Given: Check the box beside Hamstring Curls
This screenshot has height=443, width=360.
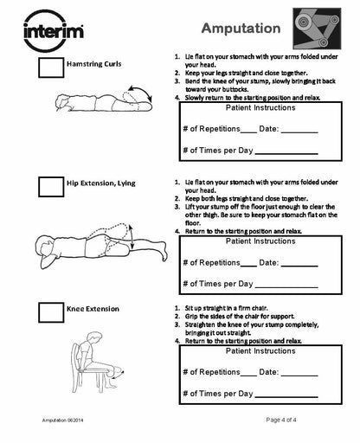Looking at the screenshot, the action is [x=48, y=70].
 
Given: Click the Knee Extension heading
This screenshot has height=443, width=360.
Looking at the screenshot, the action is [x=93, y=308].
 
